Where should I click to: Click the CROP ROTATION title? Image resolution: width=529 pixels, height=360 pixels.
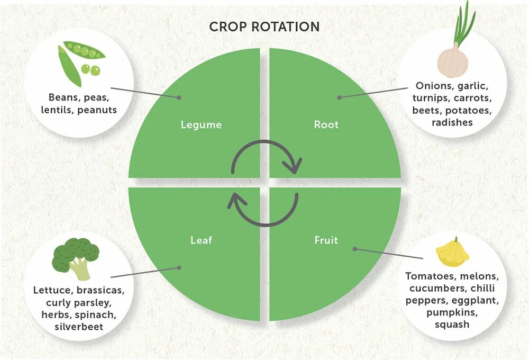[x=264, y=26]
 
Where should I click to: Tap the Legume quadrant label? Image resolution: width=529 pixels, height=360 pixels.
[x=201, y=125]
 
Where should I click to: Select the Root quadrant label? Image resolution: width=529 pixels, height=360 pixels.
[x=326, y=125]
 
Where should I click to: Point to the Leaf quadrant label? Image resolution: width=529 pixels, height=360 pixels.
[x=201, y=240]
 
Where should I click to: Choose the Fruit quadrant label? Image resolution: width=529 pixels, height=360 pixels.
[x=326, y=240]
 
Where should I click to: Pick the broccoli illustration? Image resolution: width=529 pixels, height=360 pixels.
[x=75, y=257]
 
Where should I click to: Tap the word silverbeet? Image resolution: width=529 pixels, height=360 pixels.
[x=79, y=327]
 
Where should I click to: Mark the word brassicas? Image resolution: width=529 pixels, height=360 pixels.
[x=101, y=290]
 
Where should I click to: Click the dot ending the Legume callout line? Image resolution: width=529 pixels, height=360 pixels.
[x=179, y=97]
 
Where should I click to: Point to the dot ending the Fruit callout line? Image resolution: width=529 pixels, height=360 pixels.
[x=355, y=248]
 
